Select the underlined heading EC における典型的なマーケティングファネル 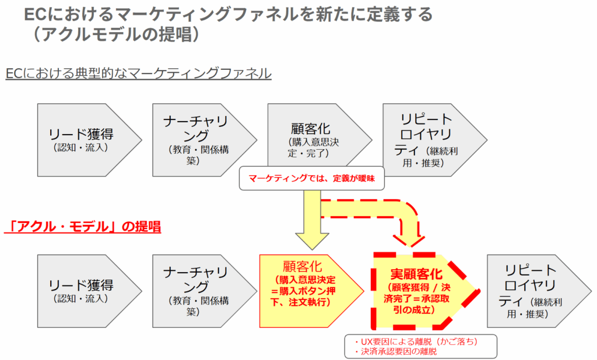pyautogui.click(x=138, y=74)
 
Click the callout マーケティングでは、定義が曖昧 pyautogui.click(x=312, y=179)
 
